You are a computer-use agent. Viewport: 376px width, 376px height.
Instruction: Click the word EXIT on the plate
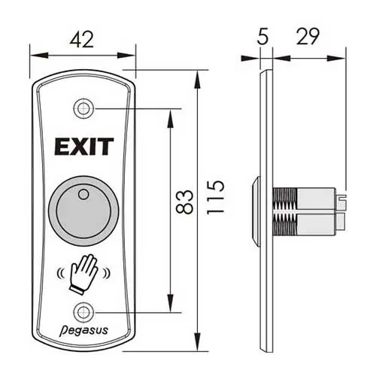pyautogui.click(x=83, y=146)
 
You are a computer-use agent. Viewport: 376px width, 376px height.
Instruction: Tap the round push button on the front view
pyautogui.click(x=83, y=205)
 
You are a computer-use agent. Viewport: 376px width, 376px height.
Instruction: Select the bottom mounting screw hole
pyautogui.click(x=83, y=311)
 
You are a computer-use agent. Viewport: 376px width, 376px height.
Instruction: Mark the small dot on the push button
pyautogui.click(x=83, y=195)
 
